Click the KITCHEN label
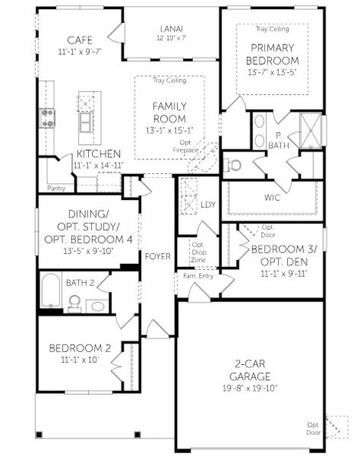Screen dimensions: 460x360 click(x=97, y=153)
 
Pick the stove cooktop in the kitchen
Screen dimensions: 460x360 click(x=47, y=117)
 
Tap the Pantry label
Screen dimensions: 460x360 click(x=56, y=187)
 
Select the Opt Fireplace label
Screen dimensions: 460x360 click(x=185, y=147)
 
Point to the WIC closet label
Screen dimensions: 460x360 click(x=273, y=198)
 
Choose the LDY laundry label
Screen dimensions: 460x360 click(x=208, y=205)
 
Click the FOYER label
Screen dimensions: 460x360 click(x=158, y=256)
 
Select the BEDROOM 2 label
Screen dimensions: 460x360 click(x=80, y=348)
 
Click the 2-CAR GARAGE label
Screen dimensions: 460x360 click(x=247, y=371)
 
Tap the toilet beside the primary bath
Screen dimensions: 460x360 click(x=233, y=164)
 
